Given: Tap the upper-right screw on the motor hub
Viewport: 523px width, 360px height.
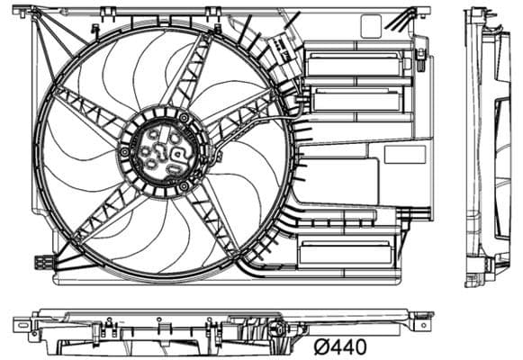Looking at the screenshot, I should click(x=185, y=118).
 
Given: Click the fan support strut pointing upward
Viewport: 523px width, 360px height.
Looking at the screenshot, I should click(x=192, y=72).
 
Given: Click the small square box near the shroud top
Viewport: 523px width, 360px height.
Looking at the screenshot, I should click(x=370, y=27).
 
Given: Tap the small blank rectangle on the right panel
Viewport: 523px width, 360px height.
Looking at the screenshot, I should click(x=404, y=154).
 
